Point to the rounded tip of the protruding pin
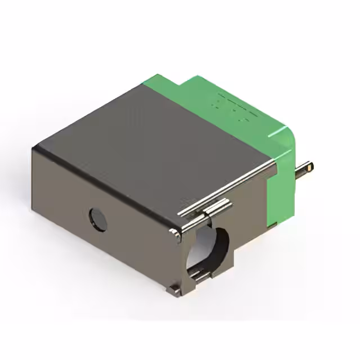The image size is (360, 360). [x=310, y=167]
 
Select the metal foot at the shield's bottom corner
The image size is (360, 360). [x=174, y=290]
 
